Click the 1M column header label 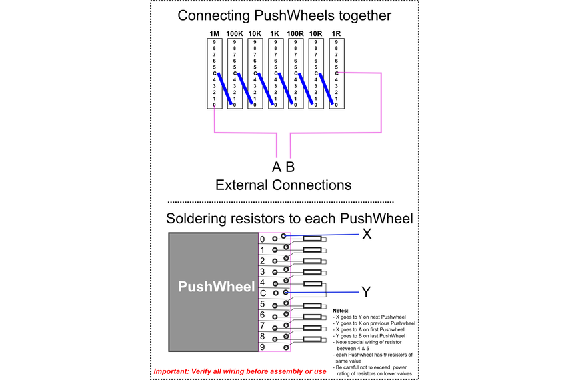pos(214,33)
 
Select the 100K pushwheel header pos(234,33)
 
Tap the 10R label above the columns pos(316,33)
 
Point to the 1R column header pos(337,33)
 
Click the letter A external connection pos(276,167)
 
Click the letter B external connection pos(290,167)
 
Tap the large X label pos(367,234)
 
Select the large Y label pos(366,292)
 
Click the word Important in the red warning pos(176,371)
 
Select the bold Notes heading pos(341,311)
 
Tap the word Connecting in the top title pos(213,15)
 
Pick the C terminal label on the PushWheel pos(263,293)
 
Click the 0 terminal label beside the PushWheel pos(263,239)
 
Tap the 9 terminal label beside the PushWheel pos(263,347)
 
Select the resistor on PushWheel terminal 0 pos(313,239)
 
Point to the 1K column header pos(275,33)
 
